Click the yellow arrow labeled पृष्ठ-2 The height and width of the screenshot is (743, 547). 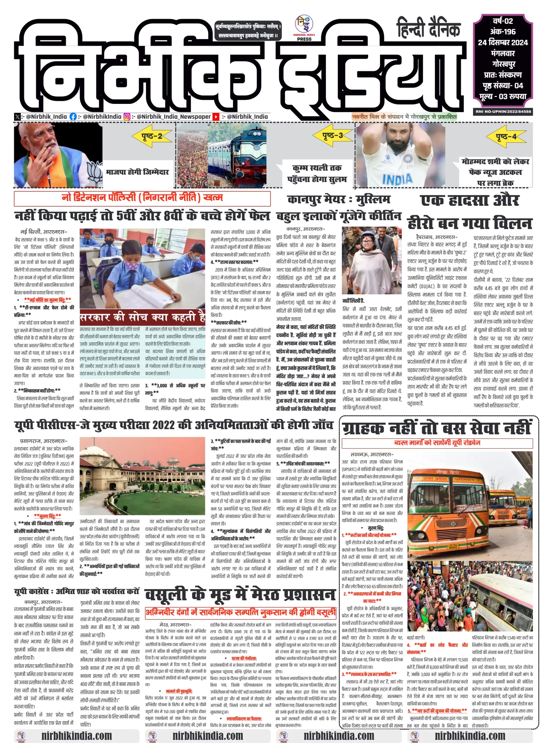click(x=152, y=136)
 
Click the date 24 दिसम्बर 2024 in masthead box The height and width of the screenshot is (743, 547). click(x=503, y=42)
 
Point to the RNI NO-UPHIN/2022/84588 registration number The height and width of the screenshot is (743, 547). click(x=503, y=111)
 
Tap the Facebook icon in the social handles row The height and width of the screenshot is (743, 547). click(x=73, y=116)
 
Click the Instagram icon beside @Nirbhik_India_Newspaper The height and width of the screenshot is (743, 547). click(x=127, y=116)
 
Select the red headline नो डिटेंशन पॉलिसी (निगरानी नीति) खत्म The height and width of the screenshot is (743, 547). click(x=142, y=198)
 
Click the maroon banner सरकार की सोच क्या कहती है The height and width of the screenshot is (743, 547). click(x=142, y=318)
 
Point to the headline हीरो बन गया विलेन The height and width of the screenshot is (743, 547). click(x=469, y=223)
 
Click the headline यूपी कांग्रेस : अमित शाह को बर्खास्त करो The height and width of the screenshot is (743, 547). click(x=76, y=591)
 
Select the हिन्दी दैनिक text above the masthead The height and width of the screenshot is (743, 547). click(x=429, y=28)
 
